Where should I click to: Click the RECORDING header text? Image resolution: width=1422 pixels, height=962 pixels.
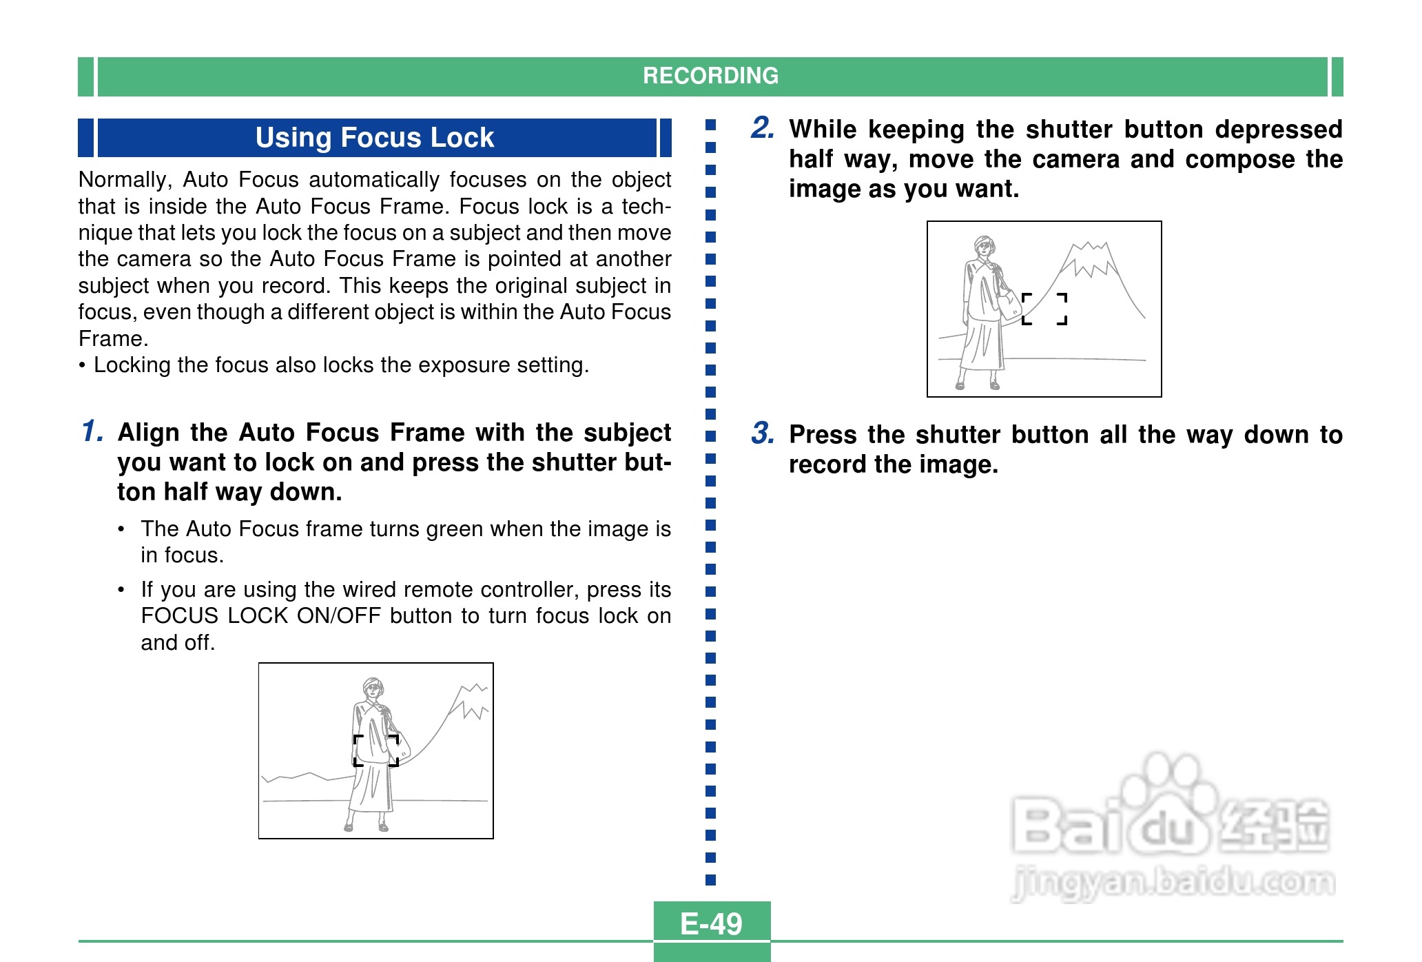710,76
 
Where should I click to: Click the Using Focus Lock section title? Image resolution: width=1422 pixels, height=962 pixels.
375,138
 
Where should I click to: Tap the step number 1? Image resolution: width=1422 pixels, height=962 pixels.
92,431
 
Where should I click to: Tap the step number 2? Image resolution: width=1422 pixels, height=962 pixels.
763,128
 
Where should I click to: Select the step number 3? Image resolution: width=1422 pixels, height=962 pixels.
763,433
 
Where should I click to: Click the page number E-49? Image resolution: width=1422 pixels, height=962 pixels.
711,924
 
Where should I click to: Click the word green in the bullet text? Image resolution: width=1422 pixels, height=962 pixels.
449,529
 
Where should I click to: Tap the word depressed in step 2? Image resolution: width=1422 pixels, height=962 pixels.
1279,130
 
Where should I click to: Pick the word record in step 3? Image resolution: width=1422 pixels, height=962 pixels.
829,464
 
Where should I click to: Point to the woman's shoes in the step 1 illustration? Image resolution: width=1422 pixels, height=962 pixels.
366,826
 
